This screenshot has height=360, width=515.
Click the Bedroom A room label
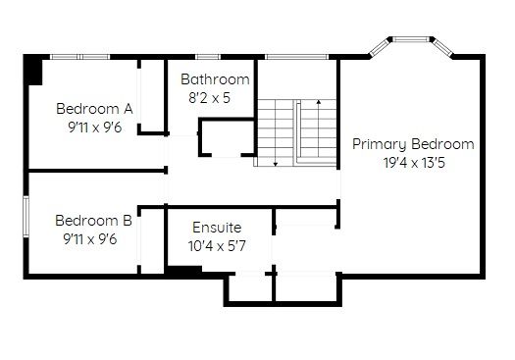click(x=94, y=109)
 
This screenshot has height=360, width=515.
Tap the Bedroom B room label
click(x=93, y=221)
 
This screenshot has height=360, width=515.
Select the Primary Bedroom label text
click(x=413, y=144)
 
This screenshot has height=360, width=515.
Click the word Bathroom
click(x=215, y=79)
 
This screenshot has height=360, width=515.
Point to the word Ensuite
click(x=217, y=228)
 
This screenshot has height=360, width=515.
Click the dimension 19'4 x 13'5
click(x=414, y=163)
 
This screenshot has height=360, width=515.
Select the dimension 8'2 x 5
click(x=209, y=98)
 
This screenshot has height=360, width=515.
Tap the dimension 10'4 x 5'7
click(x=217, y=245)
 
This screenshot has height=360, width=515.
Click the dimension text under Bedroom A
click(x=95, y=128)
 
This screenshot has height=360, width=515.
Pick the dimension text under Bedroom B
click(x=90, y=239)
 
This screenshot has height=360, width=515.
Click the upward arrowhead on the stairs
click(x=319, y=102)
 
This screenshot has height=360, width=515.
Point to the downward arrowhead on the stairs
click(x=276, y=164)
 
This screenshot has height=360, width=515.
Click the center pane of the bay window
click(x=411, y=39)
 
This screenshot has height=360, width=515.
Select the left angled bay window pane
click(x=380, y=48)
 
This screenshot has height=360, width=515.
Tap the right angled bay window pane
click(x=442, y=48)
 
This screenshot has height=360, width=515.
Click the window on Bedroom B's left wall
click(x=26, y=216)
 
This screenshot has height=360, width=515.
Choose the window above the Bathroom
click(x=208, y=57)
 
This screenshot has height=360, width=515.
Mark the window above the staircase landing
click(x=296, y=57)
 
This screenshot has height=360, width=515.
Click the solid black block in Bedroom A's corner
click(x=33, y=71)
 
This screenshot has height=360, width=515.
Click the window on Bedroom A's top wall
click(x=79, y=57)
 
